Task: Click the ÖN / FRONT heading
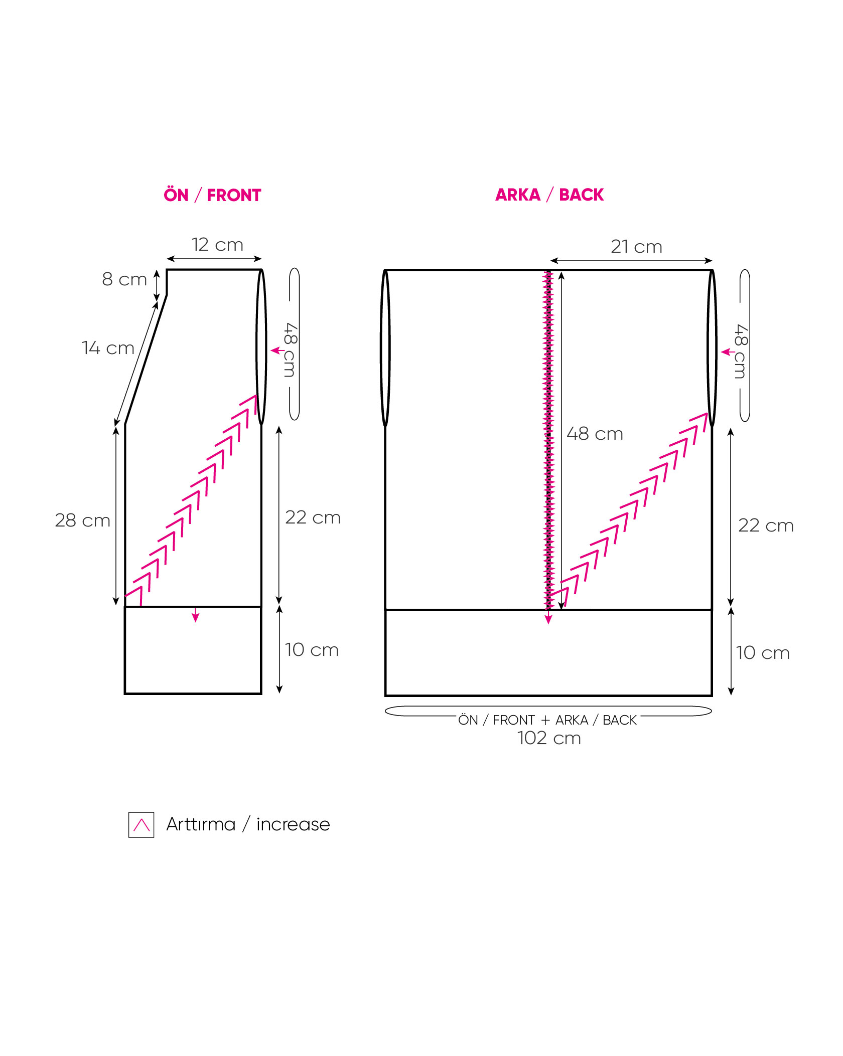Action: (x=212, y=195)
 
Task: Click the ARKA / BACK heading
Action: (x=549, y=195)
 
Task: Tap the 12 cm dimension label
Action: (x=217, y=245)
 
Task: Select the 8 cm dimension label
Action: (x=124, y=279)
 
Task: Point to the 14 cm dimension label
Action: (x=108, y=348)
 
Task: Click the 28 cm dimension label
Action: (x=82, y=520)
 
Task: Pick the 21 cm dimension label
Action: (x=636, y=247)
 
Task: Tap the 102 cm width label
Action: (x=549, y=738)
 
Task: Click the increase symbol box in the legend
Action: (x=142, y=825)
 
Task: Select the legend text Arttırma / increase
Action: (x=248, y=824)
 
